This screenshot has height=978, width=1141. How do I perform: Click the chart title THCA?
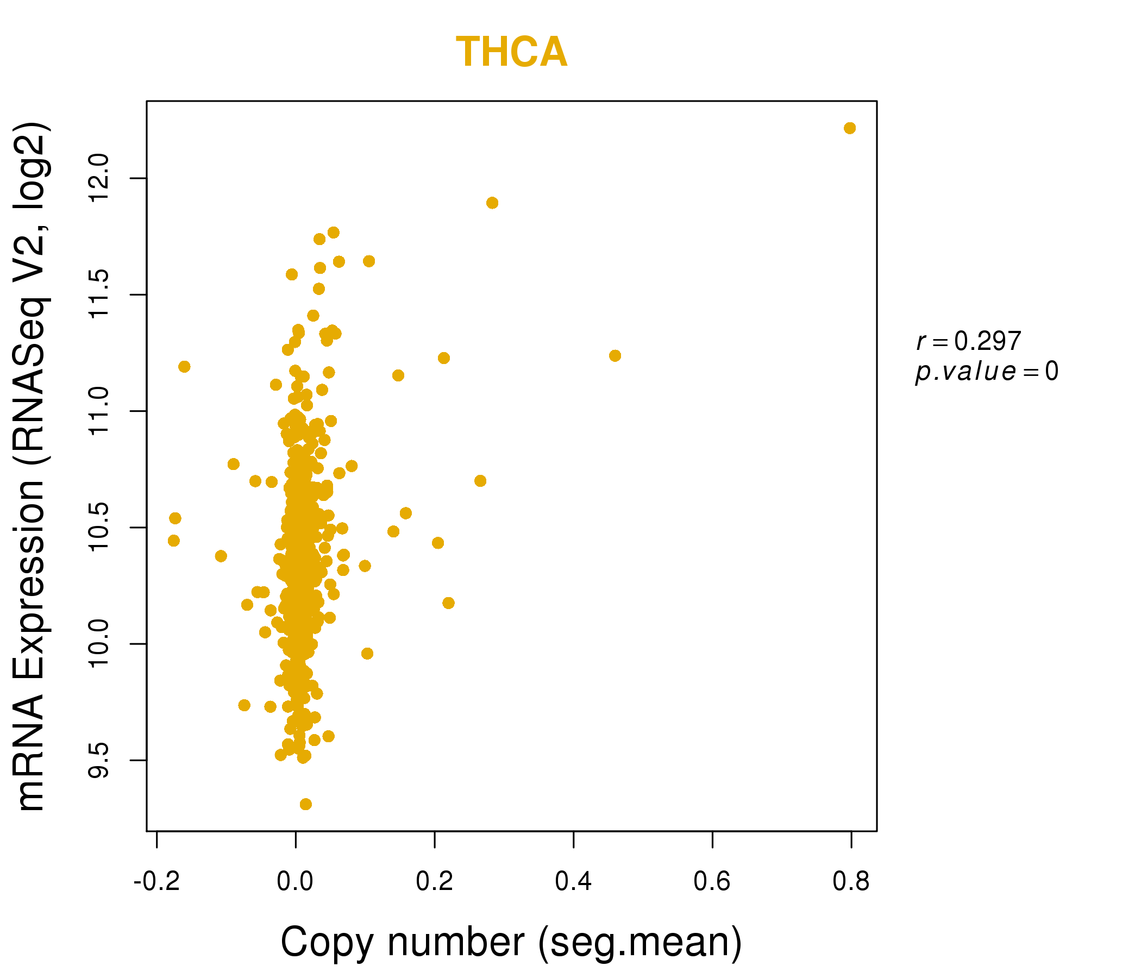512,52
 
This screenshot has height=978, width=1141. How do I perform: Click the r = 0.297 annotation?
969,341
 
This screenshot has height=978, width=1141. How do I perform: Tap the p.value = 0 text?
987,372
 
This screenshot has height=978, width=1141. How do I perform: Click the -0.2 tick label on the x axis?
157,882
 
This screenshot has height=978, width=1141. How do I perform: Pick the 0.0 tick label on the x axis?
295,882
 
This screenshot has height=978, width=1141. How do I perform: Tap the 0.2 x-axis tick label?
435,882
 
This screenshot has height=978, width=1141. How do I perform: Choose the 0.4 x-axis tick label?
573,882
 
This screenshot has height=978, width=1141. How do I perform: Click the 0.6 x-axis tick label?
712,882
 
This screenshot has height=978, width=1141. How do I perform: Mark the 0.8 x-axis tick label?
851,882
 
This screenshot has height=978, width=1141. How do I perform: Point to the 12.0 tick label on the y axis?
99,178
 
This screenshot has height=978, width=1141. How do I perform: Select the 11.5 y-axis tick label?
99,294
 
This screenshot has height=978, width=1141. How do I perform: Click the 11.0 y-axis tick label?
99,411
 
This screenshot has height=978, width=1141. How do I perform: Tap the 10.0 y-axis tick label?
99,644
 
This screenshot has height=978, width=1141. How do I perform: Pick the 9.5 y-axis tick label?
99,761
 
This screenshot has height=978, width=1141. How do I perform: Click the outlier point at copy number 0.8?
850,128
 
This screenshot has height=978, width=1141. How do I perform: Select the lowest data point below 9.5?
305,805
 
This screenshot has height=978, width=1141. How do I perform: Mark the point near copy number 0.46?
615,356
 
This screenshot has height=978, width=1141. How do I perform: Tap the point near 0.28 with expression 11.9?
492,203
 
